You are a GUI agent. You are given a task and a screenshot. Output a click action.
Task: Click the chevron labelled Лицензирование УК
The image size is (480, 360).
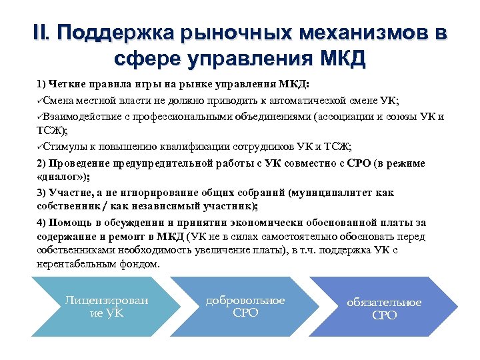click(105, 307)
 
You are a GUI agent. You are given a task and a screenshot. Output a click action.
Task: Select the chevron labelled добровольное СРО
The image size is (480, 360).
click(245, 307)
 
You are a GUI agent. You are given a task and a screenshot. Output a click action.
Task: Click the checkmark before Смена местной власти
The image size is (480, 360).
click(41, 100)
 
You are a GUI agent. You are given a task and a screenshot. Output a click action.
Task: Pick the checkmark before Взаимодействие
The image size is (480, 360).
click(41, 116)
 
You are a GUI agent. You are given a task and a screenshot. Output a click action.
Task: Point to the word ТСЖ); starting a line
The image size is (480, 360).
click(52, 131)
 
